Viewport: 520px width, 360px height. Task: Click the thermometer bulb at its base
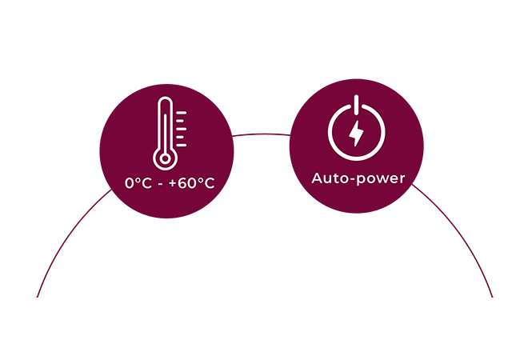tap(165, 158)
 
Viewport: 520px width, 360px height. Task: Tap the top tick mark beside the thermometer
tap(181, 113)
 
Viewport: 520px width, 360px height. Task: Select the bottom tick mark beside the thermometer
tap(181, 145)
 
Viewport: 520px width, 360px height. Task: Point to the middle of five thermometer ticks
tap(181, 129)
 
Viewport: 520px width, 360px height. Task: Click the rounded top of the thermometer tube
tap(165, 99)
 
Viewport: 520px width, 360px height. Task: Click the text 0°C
tap(138, 183)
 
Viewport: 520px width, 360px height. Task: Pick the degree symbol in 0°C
tap(138, 180)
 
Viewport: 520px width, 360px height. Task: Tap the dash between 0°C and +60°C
tap(161, 185)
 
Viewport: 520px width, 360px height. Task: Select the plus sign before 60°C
tap(173, 183)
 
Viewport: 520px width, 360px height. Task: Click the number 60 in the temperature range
tap(187, 183)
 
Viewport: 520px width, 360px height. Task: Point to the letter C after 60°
tap(209, 183)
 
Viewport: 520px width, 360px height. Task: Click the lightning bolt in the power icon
tap(356, 134)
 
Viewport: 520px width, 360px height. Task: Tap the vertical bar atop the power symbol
tap(356, 106)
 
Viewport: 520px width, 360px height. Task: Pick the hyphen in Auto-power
tap(354, 180)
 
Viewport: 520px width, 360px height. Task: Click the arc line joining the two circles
tap(262, 134)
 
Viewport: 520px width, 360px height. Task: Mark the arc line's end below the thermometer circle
tap(37, 297)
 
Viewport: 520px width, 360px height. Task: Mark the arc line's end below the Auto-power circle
tap(493, 297)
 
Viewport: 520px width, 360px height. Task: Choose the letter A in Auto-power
tap(317, 178)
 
